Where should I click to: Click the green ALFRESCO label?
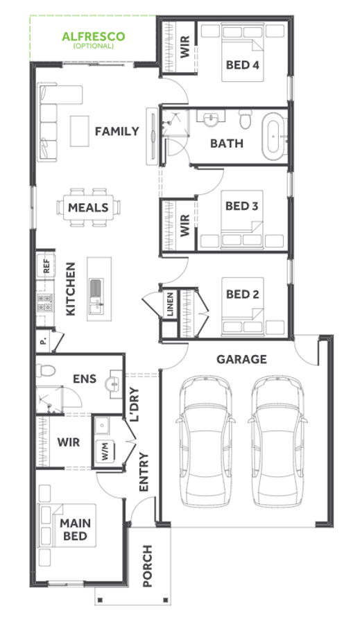pyautogui.click(x=93, y=37)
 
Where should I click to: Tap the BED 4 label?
pyautogui.click(x=243, y=65)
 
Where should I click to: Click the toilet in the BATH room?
pyautogui.click(x=246, y=119)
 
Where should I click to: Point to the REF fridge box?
pyautogui.click(x=46, y=266)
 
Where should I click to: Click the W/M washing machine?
pyautogui.click(x=105, y=452)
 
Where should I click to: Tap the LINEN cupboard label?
pyautogui.click(x=170, y=304)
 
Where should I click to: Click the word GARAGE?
pyautogui.click(x=241, y=359)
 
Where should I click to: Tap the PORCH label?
pyautogui.click(x=148, y=566)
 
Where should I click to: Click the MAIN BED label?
pyautogui.click(x=76, y=529)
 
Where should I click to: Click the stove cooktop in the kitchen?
pyautogui.click(x=44, y=302)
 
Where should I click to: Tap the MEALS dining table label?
pyautogui.click(x=88, y=207)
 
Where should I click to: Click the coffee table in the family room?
pyautogui.click(x=80, y=131)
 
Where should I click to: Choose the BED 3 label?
pyautogui.click(x=241, y=206)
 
